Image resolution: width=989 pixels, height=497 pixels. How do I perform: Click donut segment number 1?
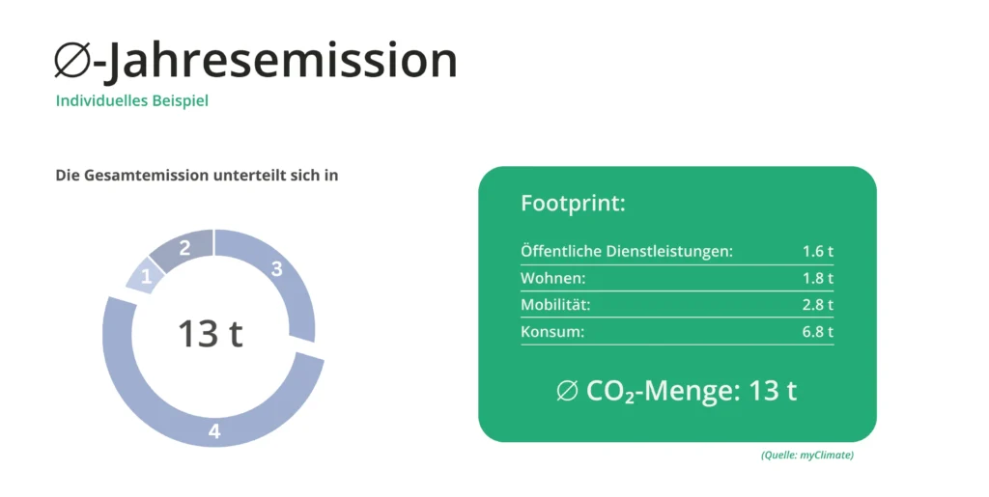[x=145, y=276]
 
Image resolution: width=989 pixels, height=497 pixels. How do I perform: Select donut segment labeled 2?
[x=183, y=249]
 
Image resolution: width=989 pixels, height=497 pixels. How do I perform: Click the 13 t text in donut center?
[x=210, y=333]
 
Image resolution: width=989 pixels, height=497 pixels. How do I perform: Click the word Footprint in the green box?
[x=573, y=204]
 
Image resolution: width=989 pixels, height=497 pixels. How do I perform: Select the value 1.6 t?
[x=817, y=251]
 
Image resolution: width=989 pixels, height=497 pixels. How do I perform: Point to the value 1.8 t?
[x=817, y=278]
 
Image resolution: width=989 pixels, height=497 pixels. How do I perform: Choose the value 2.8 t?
[x=817, y=305]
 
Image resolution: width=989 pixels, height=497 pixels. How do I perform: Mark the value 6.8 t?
[x=817, y=331]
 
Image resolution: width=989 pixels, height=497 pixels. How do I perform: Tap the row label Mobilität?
[x=555, y=305]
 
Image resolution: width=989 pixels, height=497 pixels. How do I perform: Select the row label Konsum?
[x=552, y=331]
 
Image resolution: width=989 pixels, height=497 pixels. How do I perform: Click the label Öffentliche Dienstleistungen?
[x=627, y=251]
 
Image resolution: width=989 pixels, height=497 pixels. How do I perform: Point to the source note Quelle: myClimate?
[x=807, y=455]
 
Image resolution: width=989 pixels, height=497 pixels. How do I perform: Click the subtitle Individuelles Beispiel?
[x=131, y=100]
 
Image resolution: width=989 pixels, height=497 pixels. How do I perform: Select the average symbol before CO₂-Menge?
[x=567, y=391]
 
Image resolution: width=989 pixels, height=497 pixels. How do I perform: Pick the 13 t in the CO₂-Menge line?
[x=773, y=391]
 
